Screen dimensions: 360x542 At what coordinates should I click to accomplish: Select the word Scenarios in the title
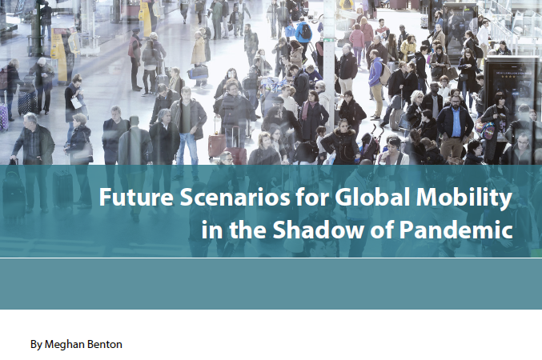[219, 196]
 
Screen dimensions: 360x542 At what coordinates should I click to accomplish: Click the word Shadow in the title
[310, 230]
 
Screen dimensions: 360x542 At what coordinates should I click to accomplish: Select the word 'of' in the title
[372, 230]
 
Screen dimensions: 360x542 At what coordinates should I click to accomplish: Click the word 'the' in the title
[243, 230]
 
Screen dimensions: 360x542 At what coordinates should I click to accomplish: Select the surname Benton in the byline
[105, 345]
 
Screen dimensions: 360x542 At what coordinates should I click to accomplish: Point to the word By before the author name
[36, 345]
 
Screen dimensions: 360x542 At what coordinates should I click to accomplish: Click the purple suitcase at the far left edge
[3, 107]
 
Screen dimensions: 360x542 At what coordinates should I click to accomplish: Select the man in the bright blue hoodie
[375, 72]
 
